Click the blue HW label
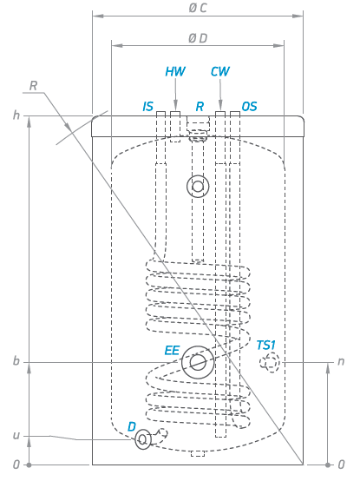pyautogui.click(x=175, y=71)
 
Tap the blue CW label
pyautogui.click(x=220, y=71)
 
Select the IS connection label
pyautogui.click(x=148, y=107)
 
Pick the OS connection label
pyautogui.click(x=249, y=107)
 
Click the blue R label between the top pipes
pyautogui.click(x=200, y=107)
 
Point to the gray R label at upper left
pyautogui.click(x=33, y=86)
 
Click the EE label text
pyautogui.click(x=172, y=351)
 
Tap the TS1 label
pyautogui.click(x=266, y=346)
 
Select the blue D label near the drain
pyautogui.click(x=132, y=426)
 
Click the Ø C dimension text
pyautogui.click(x=198, y=8)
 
